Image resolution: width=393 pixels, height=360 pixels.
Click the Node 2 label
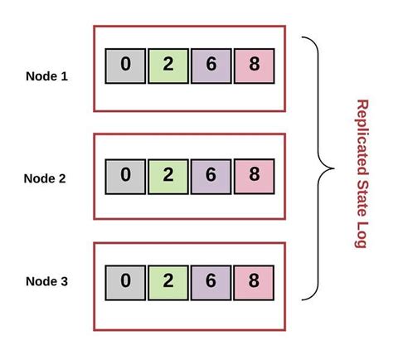click(x=46, y=178)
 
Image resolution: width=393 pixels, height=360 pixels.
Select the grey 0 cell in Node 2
click(x=125, y=175)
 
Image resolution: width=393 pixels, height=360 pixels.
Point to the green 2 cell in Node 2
click(x=168, y=175)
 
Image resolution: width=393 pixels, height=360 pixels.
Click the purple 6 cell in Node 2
click(x=211, y=175)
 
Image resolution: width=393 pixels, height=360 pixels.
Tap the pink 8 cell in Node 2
click(x=254, y=175)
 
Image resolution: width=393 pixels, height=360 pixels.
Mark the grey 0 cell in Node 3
click(x=125, y=282)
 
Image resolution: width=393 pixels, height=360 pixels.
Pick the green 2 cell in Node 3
click(x=168, y=282)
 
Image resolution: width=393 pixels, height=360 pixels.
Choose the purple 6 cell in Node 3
click(x=211, y=282)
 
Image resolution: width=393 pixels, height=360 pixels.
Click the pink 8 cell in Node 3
click(x=254, y=282)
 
